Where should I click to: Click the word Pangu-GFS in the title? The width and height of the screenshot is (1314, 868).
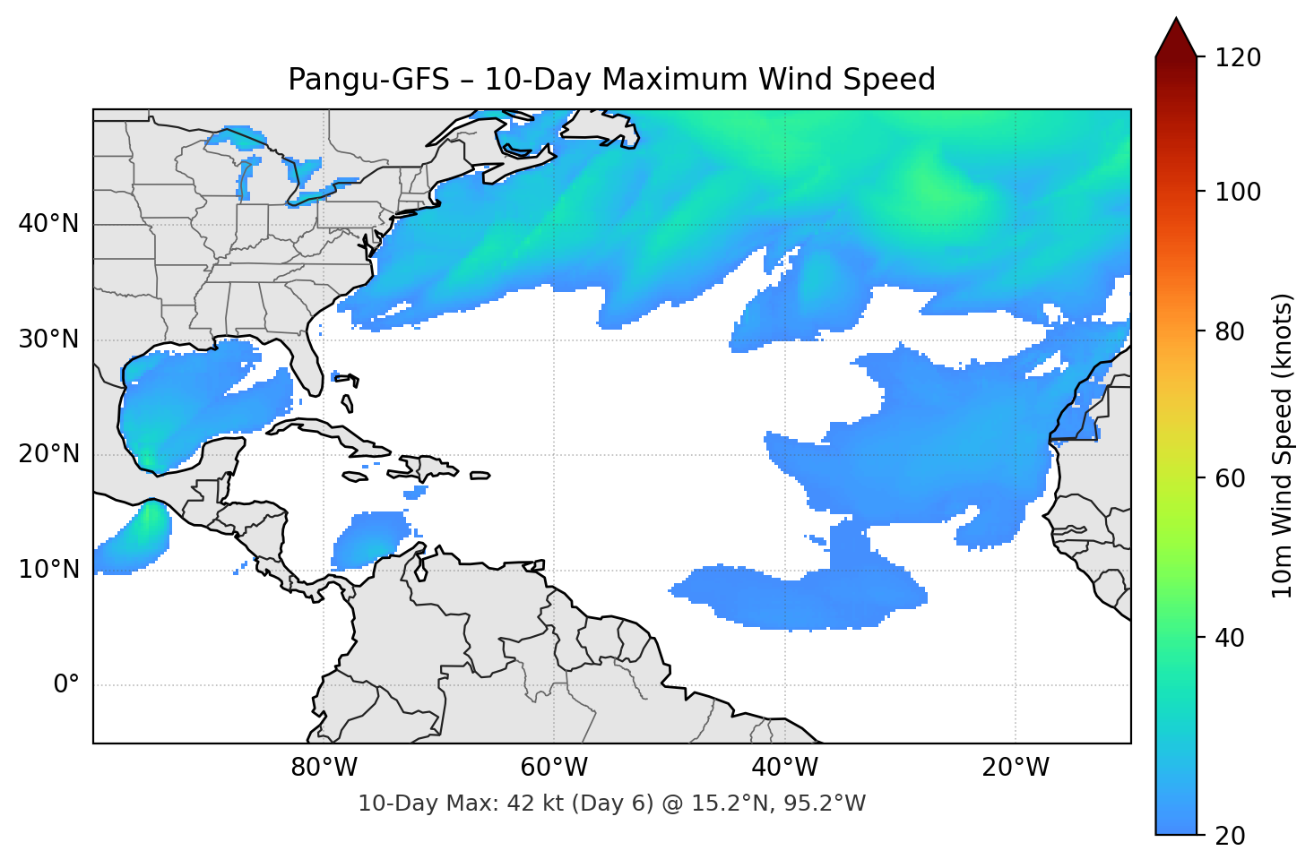tap(367, 80)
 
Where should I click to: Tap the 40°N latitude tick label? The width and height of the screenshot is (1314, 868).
tap(48, 224)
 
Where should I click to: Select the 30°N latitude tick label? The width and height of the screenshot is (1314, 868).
tap(48, 339)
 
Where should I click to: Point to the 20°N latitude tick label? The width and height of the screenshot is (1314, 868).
tap(48, 454)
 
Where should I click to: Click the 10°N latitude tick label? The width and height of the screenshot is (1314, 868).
tap(48, 570)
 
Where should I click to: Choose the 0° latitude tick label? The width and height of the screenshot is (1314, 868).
tap(65, 685)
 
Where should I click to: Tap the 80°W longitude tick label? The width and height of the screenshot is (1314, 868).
tap(324, 768)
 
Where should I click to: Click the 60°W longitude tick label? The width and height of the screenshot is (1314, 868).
tap(554, 768)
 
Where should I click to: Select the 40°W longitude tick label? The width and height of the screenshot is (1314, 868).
tap(784, 768)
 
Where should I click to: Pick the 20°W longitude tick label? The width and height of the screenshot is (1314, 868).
tap(1015, 768)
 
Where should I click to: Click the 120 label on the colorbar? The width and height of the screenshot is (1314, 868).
tap(1238, 58)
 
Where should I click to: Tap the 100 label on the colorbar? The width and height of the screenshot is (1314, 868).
tap(1238, 192)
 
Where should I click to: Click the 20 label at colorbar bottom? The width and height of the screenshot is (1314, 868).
tap(1230, 836)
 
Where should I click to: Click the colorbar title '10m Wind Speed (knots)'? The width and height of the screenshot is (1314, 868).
tap(1283, 446)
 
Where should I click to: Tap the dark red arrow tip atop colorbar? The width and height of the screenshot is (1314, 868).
tap(1176, 36)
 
